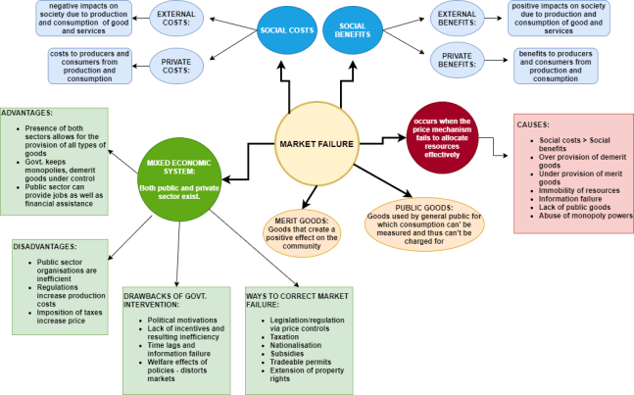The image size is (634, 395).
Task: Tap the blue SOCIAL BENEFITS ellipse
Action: coord(353,29)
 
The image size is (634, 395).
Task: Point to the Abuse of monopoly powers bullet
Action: coord(586,216)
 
